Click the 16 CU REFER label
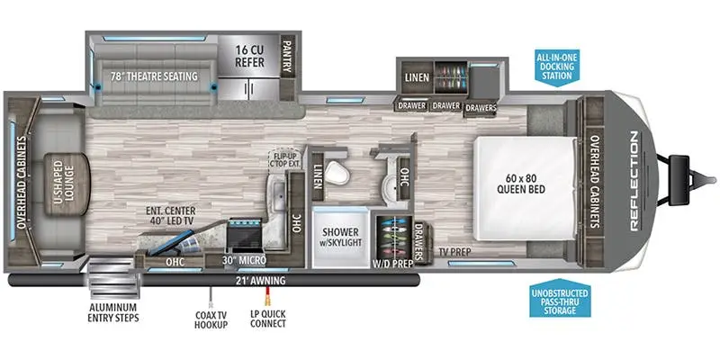click(249, 56)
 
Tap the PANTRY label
click(287, 58)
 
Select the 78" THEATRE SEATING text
click(154, 76)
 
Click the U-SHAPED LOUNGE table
click(67, 184)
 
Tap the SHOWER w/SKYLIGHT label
click(340, 237)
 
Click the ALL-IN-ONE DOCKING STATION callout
click(557, 67)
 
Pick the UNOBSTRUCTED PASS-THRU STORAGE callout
click(560, 299)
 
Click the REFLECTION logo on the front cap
click(634, 181)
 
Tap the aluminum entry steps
click(113, 279)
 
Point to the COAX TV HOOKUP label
click(211, 318)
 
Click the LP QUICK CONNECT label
click(266, 319)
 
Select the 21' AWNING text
click(260, 281)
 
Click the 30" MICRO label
click(243, 260)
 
